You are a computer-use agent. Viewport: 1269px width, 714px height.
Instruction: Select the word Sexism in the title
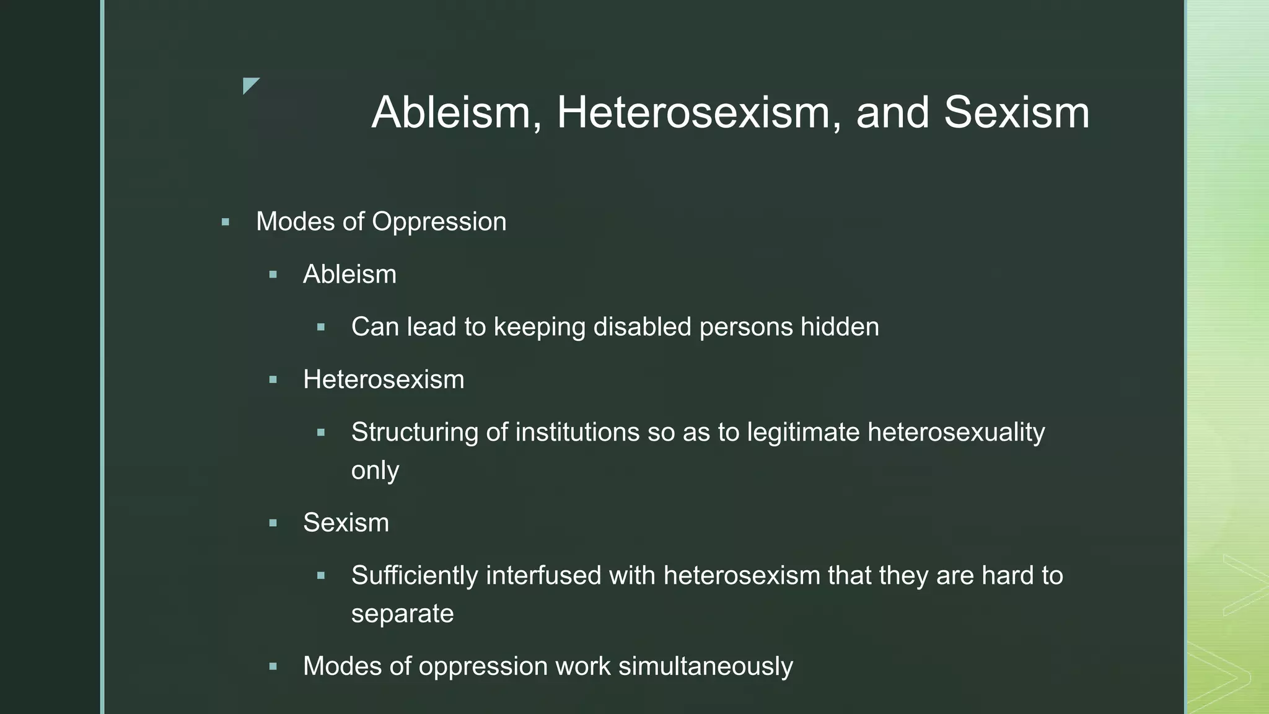coord(1016,113)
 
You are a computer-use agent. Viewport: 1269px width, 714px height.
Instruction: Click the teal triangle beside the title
coord(249,84)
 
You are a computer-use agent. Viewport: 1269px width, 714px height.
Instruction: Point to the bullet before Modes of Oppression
coord(226,222)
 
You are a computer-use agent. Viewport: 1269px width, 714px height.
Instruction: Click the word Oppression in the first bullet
coord(439,222)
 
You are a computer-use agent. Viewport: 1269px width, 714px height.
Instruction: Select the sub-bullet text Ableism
coord(349,275)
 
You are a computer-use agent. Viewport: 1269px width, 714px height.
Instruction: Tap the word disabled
coord(642,327)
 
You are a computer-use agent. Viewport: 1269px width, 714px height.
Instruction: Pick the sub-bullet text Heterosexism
coord(384,379)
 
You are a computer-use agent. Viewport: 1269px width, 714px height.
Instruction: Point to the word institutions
coord(577,433)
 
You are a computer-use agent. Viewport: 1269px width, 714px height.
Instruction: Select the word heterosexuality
coord(956,433)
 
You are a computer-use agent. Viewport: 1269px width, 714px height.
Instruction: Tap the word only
coord(375,470)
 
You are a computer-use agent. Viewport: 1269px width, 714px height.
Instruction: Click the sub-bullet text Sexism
coord(346,523)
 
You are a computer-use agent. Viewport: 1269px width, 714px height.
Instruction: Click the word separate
coord(402,614)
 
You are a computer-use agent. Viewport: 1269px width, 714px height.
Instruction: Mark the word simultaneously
coord(705,666)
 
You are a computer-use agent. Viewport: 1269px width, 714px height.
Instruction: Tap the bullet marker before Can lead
coord(321,327)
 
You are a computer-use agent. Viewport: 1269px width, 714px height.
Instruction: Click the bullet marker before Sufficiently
coord(321,576)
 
